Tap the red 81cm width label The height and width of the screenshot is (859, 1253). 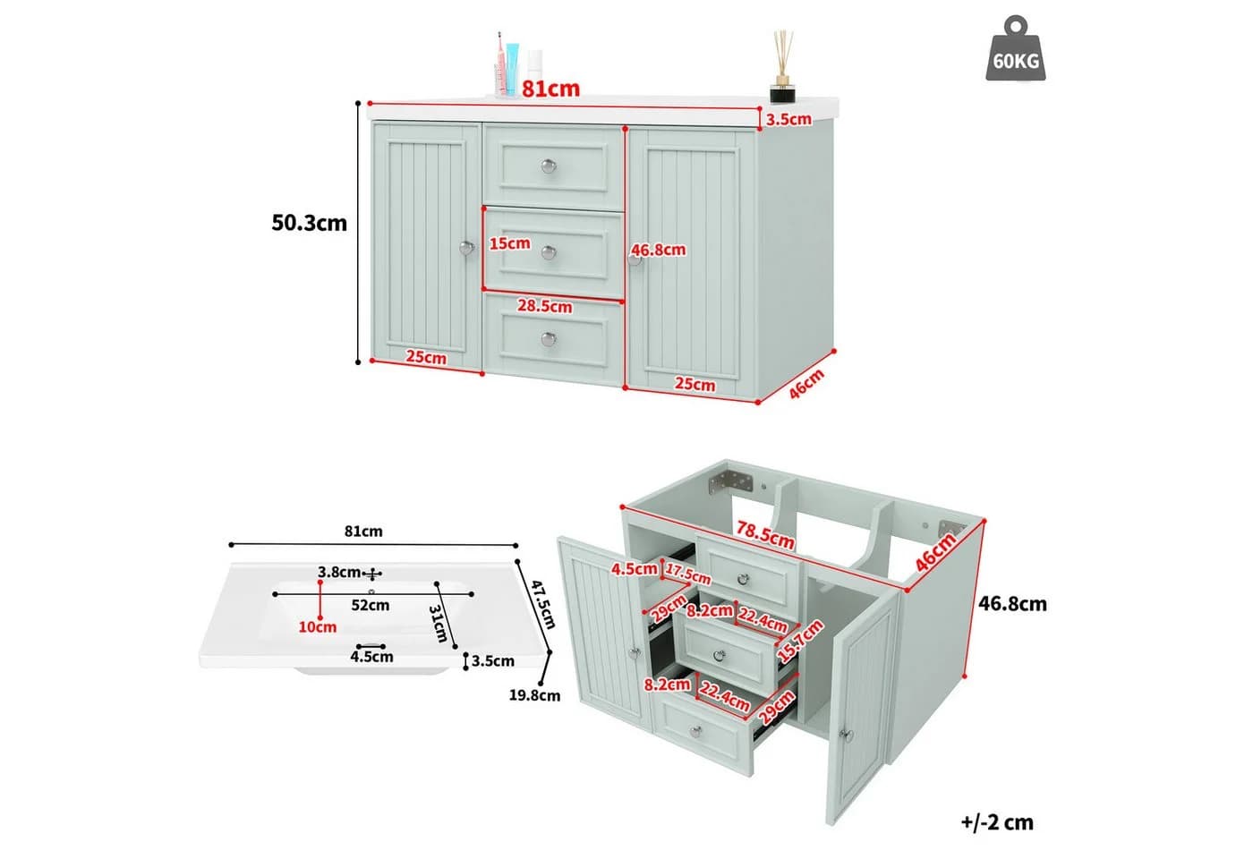click(x=550, y=89)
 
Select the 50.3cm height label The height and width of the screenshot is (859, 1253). click(x=309, y=223)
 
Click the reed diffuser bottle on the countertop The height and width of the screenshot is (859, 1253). click(x=782, y=66)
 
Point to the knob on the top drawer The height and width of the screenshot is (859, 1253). click(x=549, y=166)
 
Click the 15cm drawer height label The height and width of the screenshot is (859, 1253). click(x=509, y=243)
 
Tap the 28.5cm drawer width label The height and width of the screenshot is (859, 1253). click(x=544, y=306)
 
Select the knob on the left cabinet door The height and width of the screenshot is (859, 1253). click(x=466, y=248)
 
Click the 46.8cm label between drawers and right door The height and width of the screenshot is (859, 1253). click(x=659, y=250)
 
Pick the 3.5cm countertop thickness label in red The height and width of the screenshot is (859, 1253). click(x=788, y=119)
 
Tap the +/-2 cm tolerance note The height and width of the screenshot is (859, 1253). click(x=997, y=822)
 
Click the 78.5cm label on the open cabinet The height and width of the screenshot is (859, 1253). click(x=764, y=535)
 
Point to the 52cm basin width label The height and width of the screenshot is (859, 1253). click(x=370, y=605)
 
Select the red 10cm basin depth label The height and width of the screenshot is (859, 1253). click(x=317, y=627)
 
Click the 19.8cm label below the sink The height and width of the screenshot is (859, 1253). click(x=534, y=695)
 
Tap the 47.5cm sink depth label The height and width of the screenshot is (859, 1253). click(x=542, y=605)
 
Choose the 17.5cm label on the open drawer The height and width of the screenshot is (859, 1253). click(x=687, y=574)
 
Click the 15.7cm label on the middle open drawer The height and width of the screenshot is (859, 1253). click(x=800, y=641)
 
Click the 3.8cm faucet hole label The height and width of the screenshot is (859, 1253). click(x=339, y=572)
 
